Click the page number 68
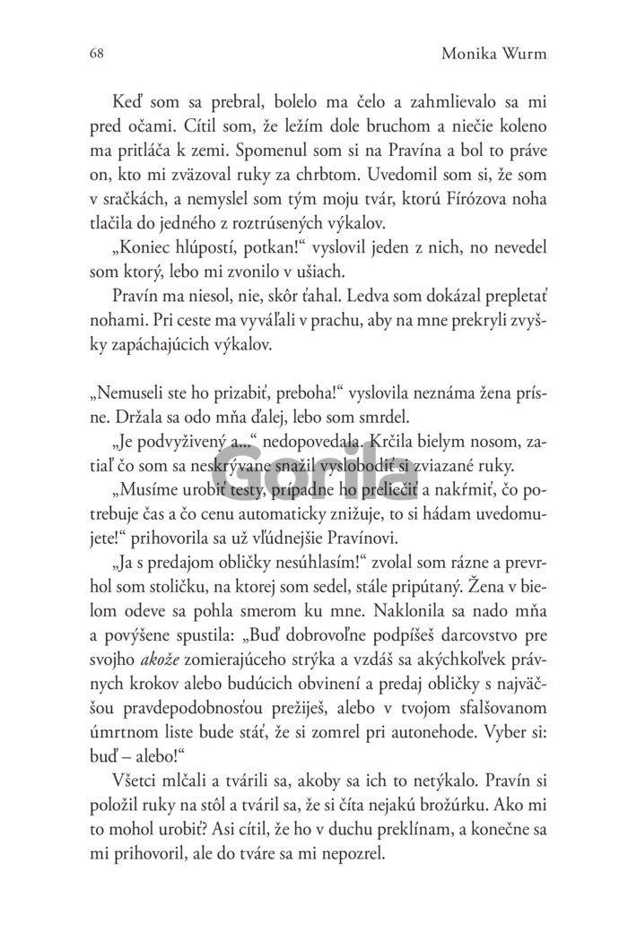click(x=97, y=54)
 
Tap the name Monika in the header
click(x=472, y=54)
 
